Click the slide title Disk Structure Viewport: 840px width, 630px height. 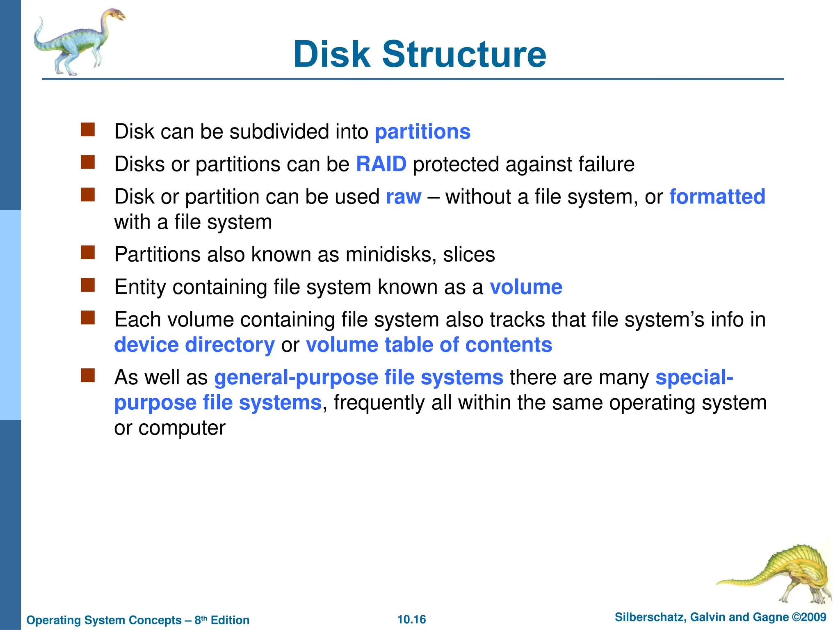420,54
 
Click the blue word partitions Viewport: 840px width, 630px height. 422,132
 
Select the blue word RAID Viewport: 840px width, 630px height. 381,164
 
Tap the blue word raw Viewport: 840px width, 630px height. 404,197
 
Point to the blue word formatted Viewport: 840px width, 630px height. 717,196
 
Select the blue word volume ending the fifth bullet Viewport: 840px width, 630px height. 526,287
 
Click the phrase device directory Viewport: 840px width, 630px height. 194,345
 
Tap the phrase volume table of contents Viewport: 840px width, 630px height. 429,345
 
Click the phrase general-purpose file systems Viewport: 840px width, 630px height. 359,377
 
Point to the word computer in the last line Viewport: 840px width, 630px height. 182,428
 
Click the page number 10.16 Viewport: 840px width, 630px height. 411,619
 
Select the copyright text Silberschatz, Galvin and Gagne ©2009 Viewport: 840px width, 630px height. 720,617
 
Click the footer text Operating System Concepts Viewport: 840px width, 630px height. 104,620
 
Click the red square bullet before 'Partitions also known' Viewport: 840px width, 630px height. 88,253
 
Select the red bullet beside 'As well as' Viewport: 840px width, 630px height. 88,375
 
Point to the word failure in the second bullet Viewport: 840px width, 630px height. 606,164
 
